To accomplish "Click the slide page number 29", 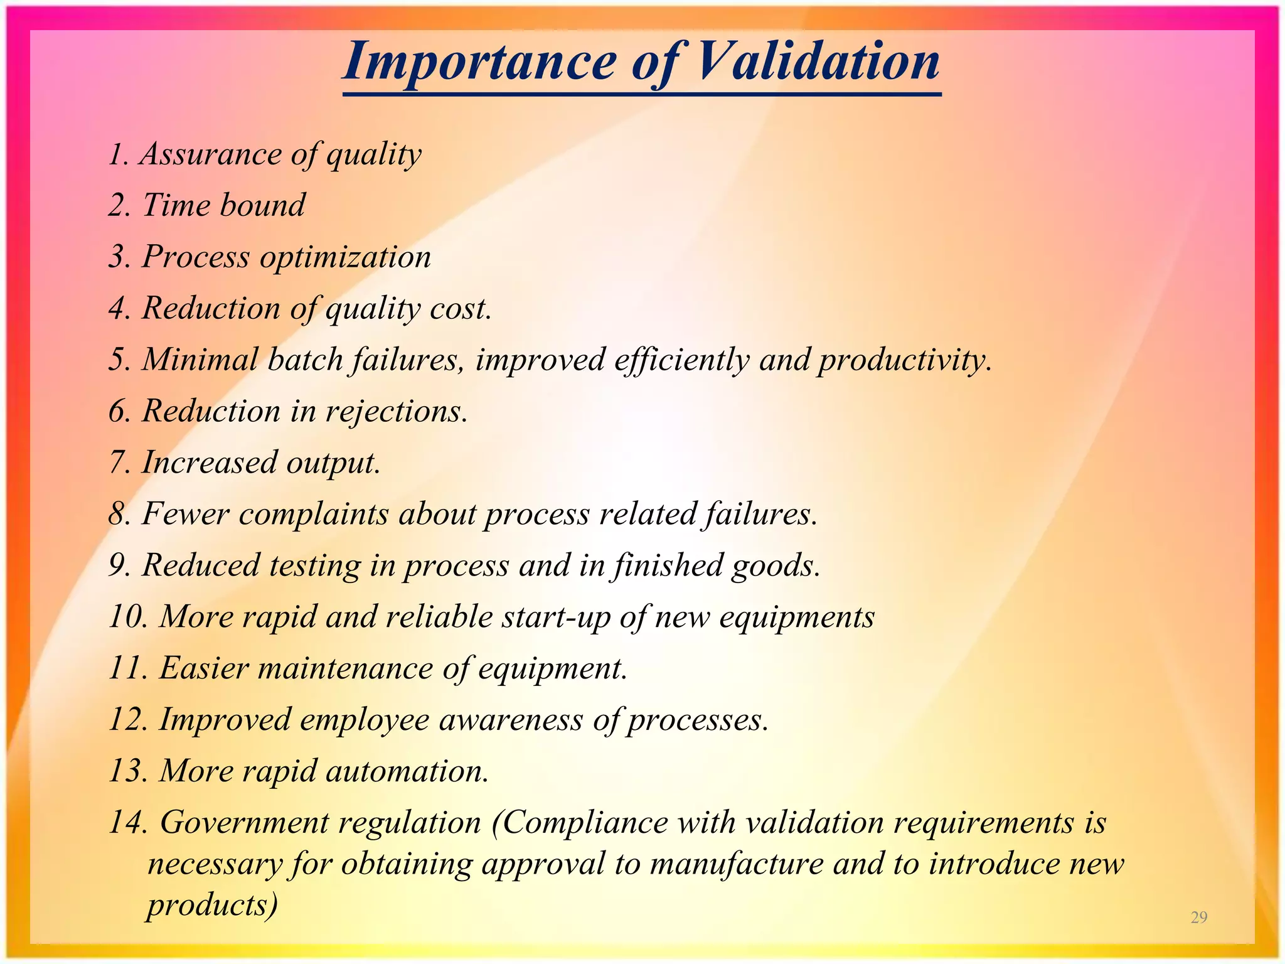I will pyautogui.click(x=1198, y=917).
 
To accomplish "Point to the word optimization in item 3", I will pyautogui.click(x=346, y=257).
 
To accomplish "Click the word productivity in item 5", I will pyautogui.click(x=904, y=360).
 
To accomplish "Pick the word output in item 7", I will pyautogui.click(x=333, y=463).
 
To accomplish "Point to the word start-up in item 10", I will pyautogui.click(x=555, y=617).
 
